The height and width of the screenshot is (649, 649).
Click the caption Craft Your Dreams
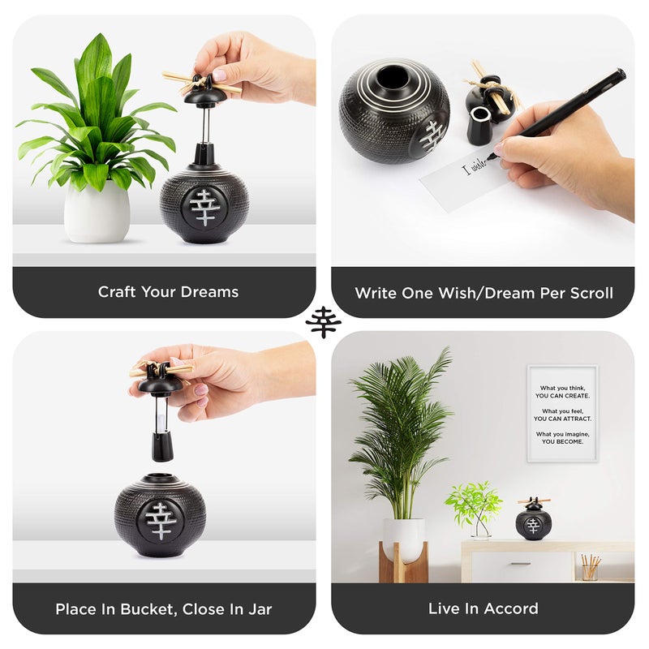pyautogui.click(x=168, y=292)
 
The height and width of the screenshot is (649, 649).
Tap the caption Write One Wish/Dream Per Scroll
pyautogui.click(x=484, y=292)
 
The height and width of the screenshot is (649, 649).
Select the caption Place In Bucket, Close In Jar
pyautogui.click(x=164, y=608)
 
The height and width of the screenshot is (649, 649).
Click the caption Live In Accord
pyautogui.click(x=483, y=608)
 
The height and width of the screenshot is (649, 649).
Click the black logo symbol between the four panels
pyautogui.click(x=324, y=322)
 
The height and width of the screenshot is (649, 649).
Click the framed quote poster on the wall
pyautogui.click(x=562, y=413)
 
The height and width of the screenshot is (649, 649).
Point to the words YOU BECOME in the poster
pyautogui.click(x=562, y=441)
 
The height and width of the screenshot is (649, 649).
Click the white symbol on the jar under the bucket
pyautogui.click(x=161, y=518)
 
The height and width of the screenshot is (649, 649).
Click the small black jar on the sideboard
pyautogui.click(x=532, y=521)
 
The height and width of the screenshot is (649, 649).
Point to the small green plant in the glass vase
pyautogui.click(x=475, y=507)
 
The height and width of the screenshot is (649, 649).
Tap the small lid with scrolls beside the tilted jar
pyautogui.click(x=486, y=102)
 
